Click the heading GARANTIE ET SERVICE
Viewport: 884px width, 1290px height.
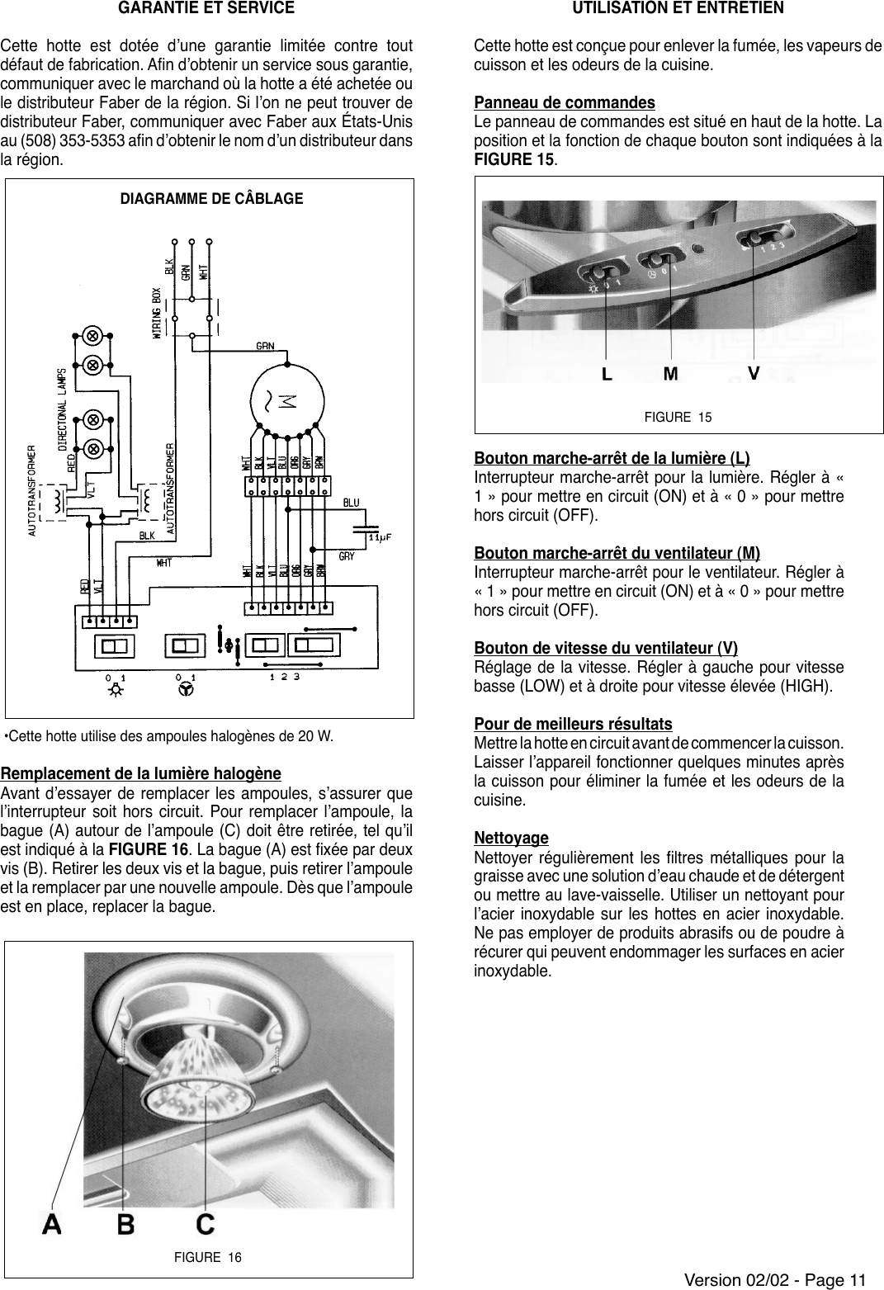(206, 8)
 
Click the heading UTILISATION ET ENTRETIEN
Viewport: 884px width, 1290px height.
(678, 8)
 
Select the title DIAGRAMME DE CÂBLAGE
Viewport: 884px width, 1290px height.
(211, 199)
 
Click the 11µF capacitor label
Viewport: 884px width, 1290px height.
(379, 536)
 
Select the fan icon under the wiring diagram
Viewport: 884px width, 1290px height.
(187, 690)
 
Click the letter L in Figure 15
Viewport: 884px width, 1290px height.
(607, 374)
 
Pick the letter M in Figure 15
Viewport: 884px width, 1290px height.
(671, 374)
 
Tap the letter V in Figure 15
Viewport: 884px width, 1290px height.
(753, 373)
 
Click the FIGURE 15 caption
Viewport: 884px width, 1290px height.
(678, 417)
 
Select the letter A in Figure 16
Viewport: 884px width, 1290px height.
(52, 1224)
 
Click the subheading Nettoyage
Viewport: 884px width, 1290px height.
(511, 839)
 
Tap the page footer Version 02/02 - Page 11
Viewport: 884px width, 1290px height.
(775, 1280)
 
